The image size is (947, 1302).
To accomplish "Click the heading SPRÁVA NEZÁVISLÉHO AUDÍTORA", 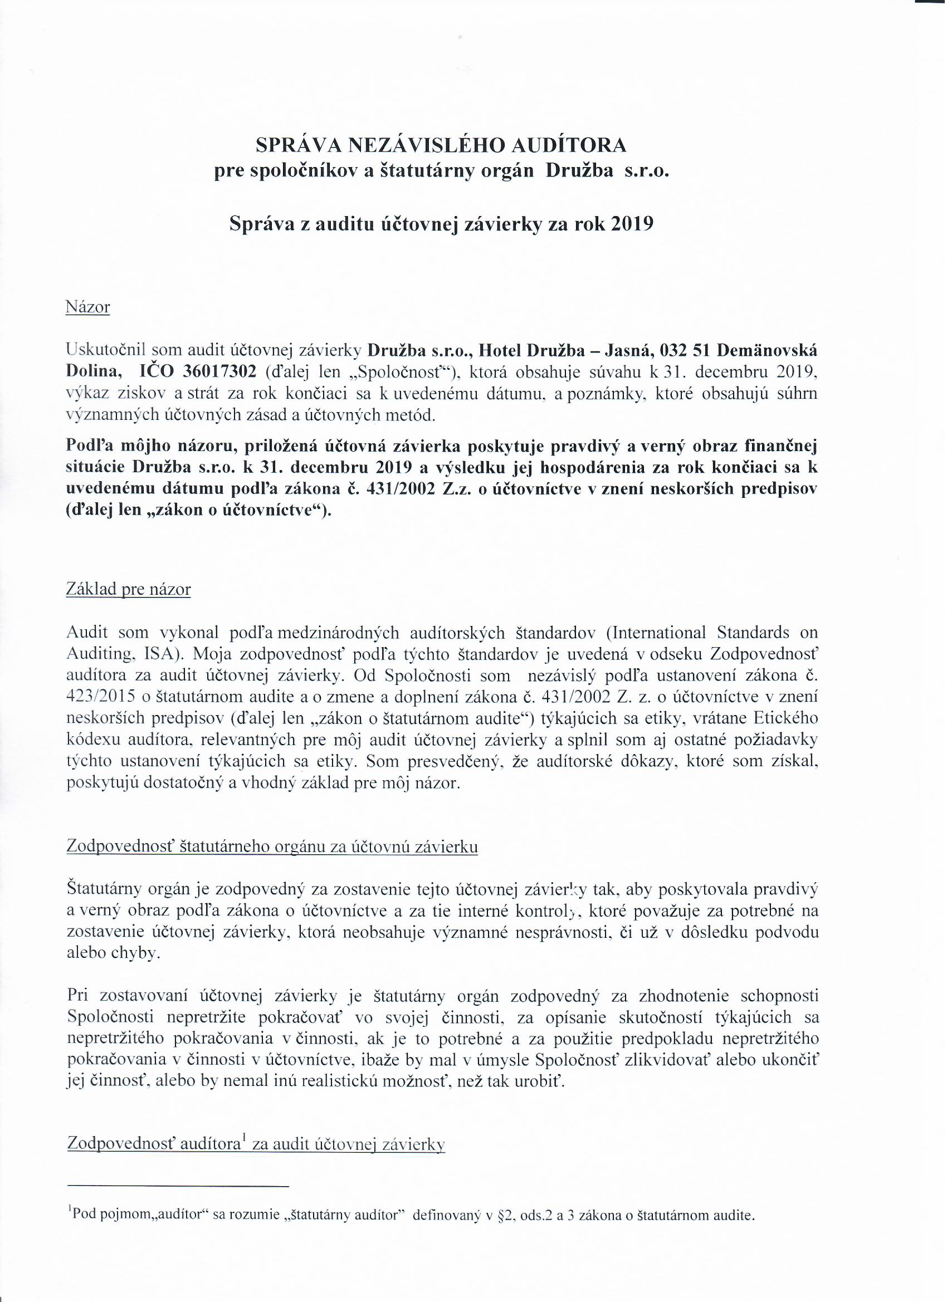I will (x=441, y=145).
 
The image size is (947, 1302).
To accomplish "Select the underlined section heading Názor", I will (x=88, y=307).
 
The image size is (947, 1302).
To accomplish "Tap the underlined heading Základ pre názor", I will (x=129, y=589).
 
